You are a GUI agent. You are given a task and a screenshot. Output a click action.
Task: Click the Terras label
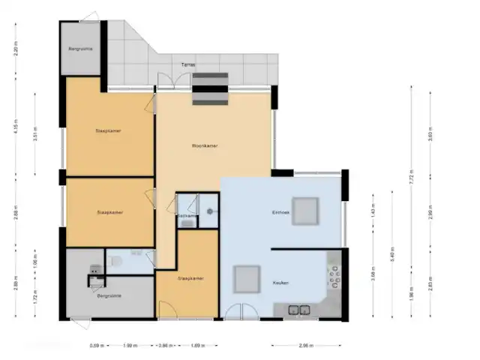point(188,65)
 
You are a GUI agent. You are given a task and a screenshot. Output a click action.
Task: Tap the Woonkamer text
point(205,146)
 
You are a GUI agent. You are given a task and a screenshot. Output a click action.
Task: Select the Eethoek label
point(280,213)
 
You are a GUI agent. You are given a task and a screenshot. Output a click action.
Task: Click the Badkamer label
point(187,216)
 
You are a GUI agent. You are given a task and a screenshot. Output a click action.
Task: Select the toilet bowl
point(115,261)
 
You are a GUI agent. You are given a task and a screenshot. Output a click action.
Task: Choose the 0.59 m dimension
point(95,346)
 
